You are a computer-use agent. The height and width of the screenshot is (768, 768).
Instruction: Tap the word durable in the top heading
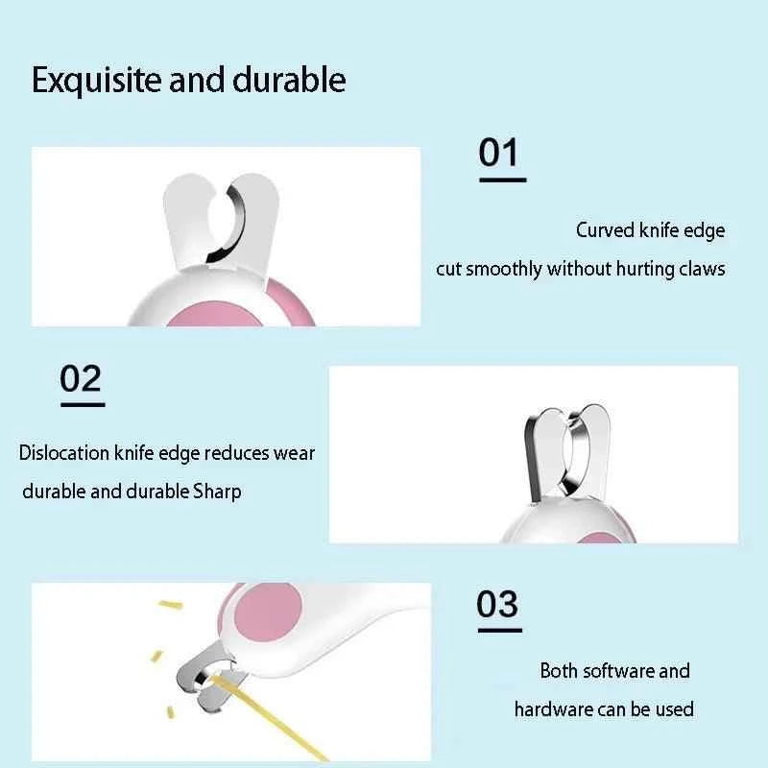pos(289,80)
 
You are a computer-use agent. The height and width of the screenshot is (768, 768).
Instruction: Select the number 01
pos(498,153)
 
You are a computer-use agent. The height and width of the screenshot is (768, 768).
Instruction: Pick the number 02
pos(81,379)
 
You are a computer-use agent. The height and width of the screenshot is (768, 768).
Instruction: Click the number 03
pos(497,605)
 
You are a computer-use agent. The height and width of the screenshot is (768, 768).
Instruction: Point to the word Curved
pos(604,230)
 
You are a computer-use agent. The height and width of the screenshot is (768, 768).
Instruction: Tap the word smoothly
pos(504,269)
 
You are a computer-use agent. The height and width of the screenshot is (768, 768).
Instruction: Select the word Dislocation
pos(64,452)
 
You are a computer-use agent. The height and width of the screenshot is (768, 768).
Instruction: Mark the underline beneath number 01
pos(502,180)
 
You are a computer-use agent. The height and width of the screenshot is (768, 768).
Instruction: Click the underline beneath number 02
pos(83,404)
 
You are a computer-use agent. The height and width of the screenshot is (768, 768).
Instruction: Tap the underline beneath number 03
pos(499,630)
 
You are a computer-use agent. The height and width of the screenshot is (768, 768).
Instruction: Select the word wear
pos(294,452)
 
